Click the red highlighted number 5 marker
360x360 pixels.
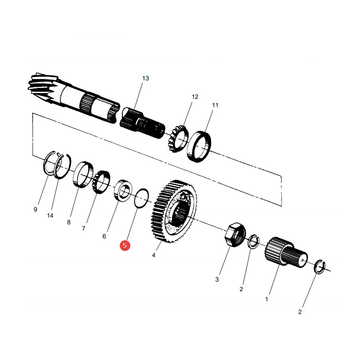coord(125,246)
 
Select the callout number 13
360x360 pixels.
coord(146,78)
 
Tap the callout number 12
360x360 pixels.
coord(195,97)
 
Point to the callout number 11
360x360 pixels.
coord(215,105)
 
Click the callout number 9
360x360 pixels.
coord(35,209)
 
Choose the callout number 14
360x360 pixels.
coord(50,215)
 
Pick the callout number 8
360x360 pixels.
coord(69,222)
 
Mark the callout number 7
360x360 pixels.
coord(84,228)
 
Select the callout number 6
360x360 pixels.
coord(104,236)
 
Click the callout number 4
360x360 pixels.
coord(154,255)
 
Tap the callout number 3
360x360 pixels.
coord(217,280)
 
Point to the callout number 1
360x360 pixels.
coord(266,299)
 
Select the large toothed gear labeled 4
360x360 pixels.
coord(174,211)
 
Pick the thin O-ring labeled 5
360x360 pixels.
coord(142,198)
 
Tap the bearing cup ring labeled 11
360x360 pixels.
coord(199,146)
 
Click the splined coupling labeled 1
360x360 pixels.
coord(286,252)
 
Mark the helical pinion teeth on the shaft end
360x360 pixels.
coord(44,87)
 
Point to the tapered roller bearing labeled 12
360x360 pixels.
coord(178,139)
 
